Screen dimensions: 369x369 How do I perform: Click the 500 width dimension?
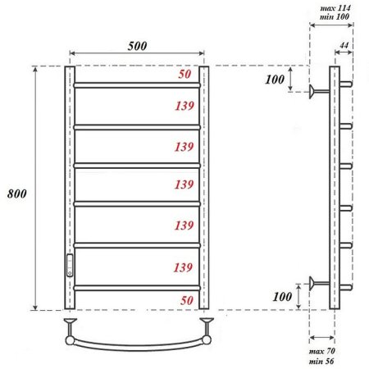point(137,46)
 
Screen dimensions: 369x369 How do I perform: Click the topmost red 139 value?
point(185,107)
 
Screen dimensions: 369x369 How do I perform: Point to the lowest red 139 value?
point(185,267)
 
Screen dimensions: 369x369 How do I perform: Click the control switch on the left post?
point(69,264)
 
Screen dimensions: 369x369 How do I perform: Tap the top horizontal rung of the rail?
point(137,84)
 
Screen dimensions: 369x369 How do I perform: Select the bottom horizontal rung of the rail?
point(137,286)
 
